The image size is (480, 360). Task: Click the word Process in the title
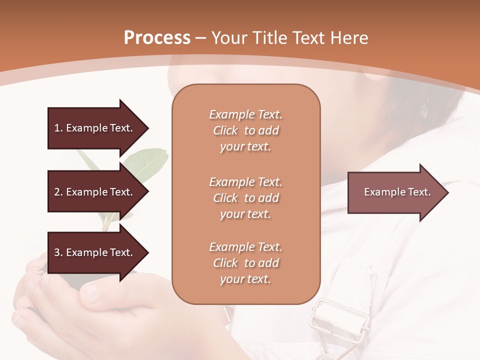[x=157, y=38]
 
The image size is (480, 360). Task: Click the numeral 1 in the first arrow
[x=57, y=128]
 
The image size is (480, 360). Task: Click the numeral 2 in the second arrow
[x=57, y=192]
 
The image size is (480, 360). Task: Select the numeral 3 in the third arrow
[x=57, y=252]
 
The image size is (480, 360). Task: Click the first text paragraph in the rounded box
[x=245, y=130]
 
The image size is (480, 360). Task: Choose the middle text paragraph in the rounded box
[x=245, y=198]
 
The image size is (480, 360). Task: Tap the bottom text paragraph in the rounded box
[x=245, y=263]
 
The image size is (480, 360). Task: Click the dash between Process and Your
[x=201, y=38]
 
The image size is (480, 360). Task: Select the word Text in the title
[x=306, y=38]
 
